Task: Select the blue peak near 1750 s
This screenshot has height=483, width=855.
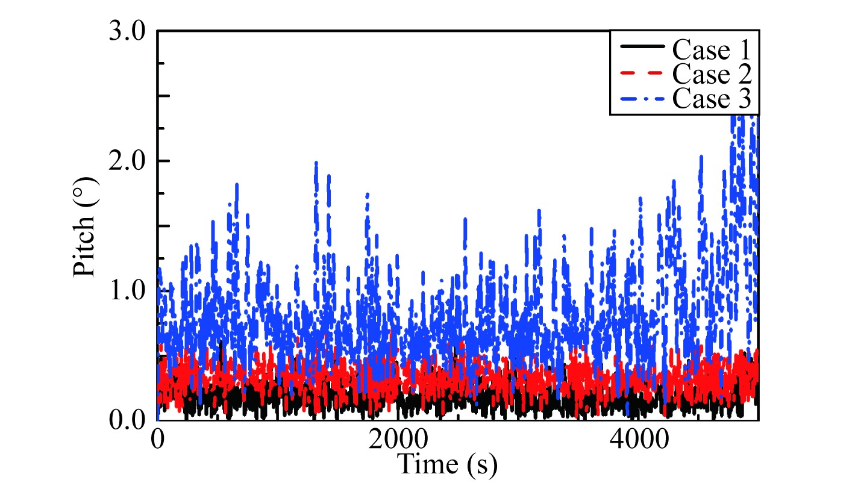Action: [368, 195]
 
